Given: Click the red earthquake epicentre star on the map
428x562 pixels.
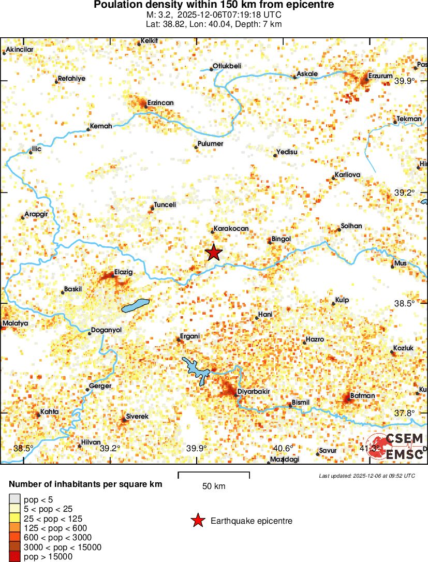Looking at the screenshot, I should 214,253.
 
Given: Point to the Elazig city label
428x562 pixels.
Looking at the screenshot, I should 124,272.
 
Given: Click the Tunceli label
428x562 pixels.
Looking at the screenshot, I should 165,205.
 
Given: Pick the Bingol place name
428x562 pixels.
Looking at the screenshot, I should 281,239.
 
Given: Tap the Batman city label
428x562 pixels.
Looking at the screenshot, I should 362,396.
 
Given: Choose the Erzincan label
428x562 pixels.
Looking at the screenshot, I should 160,103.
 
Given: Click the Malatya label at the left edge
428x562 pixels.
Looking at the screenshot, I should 15,323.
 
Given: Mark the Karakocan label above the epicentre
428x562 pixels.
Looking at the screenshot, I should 231,229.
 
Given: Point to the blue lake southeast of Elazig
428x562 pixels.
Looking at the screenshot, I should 135,306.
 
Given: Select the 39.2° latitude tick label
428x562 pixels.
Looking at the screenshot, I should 405,193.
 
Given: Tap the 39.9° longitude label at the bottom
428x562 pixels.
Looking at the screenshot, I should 197,448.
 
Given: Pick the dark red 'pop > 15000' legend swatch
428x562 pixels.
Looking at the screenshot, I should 15,557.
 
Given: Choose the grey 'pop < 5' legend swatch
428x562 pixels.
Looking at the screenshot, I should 15,499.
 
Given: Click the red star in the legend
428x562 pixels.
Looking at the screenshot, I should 197,521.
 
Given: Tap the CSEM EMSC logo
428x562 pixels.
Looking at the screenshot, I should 396,447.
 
